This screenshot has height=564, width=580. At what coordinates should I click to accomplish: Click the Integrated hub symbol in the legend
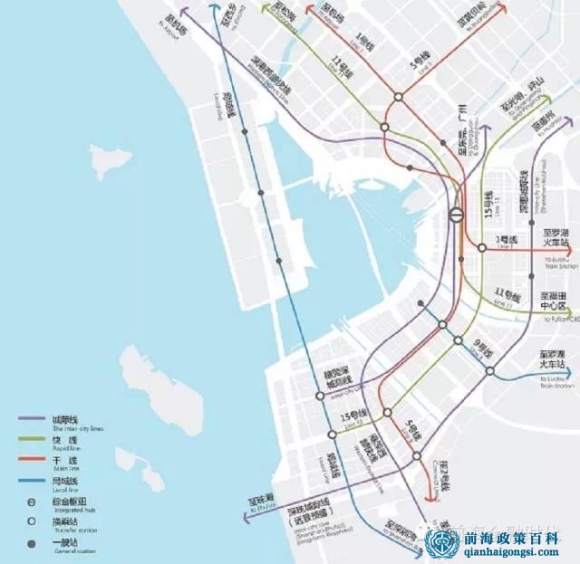pos(31,501)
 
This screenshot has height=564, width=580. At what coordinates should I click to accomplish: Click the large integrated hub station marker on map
pos(457,215)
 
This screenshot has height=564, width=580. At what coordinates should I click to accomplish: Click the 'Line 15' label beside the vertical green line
pos(490,207)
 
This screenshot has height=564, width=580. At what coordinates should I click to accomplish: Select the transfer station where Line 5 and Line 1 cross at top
pos(398,98)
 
